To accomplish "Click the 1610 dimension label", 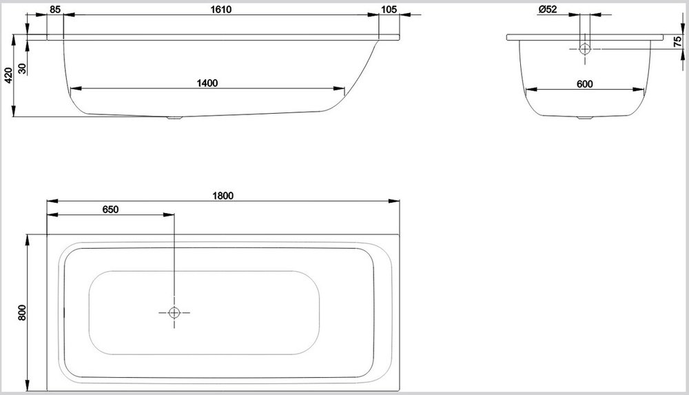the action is pyautogui.click(x=220, y=9).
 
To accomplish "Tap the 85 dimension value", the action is pyautogui.click(x=55, y=9).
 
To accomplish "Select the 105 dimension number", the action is pyautogui.click(x=389, y=9).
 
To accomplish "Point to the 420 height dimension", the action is pyautogui.click(x=8, y=75).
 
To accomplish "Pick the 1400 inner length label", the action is pyautogui.click(x=207, y=83).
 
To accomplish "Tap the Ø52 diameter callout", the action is pyautogui.click(x=548, y=9).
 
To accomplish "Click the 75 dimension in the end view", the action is pyautogui.click(x=677, y=42).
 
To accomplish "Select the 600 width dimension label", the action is pyautogui.click(x=584, y=84).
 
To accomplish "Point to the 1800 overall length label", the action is pyautogui.click(x=223, y=196).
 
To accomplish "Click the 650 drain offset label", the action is pyautogui.click(x=110, y=210).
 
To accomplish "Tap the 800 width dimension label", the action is pyautogui.click(x=23, y=312).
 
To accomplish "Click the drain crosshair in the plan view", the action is pyautogui.click(x=174, y=313).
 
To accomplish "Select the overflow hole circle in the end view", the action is pyautogui.click(x=585, y=49).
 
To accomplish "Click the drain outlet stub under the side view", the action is pyautogui.click(x=174, y=117).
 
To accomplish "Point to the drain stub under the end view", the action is pyautogui.click(x=585, y=118).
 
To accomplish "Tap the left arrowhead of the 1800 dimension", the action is pyautogui.click(x=52, y=201).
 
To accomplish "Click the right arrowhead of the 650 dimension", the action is pyautogui.click(x=169, y=214).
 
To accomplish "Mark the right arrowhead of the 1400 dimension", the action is pyautogui.click(x=339, y=89).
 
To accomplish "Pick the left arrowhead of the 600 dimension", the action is pyautogui.click(x=531, y=90).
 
